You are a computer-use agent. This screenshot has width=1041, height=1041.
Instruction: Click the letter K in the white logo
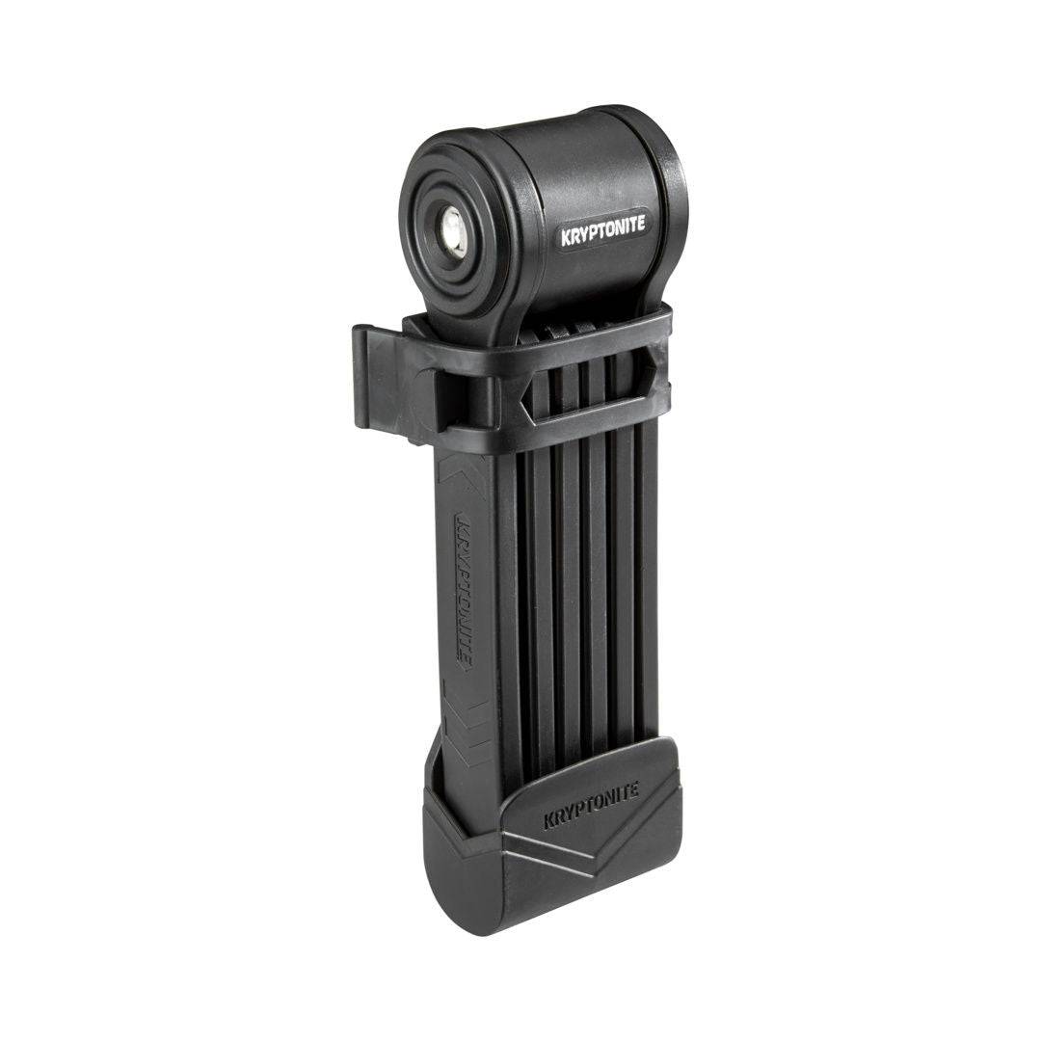pyautogui.click(x=566, y=239)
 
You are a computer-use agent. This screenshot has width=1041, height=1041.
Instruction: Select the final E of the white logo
pyautogui.click(x=640, y=223)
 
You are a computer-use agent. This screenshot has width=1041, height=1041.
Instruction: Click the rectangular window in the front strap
pyautogui.click(x=585, y=396)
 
